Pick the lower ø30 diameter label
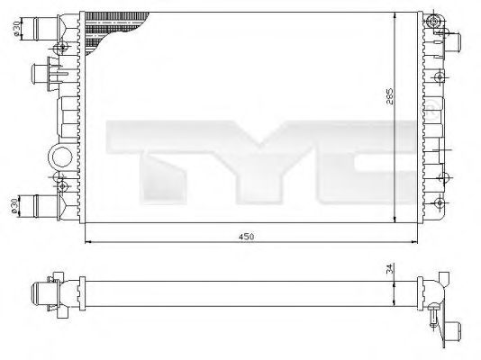(15, 207)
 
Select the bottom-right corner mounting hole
(439, 206)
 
